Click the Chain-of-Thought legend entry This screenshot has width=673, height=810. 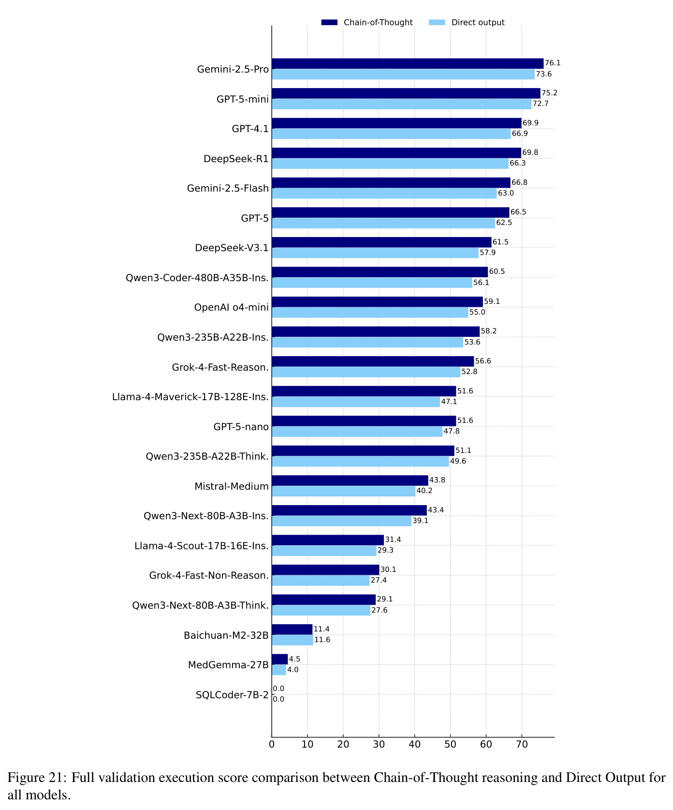tap(367, 22)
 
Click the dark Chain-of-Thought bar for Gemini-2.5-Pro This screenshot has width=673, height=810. tap(408, 64)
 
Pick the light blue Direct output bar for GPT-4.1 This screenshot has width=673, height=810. tap(391, 134)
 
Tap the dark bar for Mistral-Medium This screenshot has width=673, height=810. tap(350, 480)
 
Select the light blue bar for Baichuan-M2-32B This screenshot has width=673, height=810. tap(293, 640)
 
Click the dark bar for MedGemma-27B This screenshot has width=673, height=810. tap(280, 659)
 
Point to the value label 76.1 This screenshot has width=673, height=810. tap(553, 63)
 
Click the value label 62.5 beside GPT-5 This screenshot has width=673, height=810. tap(504, 223)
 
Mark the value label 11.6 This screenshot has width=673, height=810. tap(322, 640)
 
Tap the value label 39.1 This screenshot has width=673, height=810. tap(420, 521)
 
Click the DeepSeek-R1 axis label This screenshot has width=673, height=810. tap(236, 158)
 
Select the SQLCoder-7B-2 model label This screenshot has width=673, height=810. tap(232, 695)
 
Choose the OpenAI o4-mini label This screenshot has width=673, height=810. tap(231, 307)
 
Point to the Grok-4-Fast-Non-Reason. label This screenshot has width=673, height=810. tap(209, 575)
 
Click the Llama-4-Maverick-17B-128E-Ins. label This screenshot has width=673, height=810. tap(190, 397)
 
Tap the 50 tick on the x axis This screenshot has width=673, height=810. tap(451, 744)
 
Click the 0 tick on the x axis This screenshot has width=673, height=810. tap(272, 744)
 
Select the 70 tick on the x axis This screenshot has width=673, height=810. tap(522, 744)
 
